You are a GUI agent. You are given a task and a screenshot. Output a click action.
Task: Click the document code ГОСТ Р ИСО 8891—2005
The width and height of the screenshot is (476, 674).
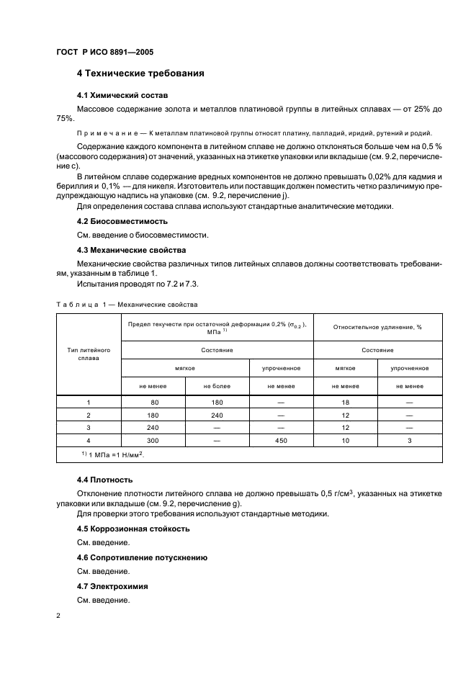pos(104,53)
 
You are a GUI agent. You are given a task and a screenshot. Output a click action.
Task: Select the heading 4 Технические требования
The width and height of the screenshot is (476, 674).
pos(140,73)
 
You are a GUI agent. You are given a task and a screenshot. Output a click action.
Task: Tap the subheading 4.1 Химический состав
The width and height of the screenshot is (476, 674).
pos(122,96)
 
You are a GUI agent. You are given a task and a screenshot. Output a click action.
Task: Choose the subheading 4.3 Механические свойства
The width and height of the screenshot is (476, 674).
pos(131,250)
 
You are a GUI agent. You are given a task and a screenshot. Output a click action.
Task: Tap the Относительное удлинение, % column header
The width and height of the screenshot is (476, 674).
pos(377,327)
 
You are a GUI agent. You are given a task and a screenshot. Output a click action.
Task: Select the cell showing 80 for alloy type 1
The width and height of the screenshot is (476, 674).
pos(153,403)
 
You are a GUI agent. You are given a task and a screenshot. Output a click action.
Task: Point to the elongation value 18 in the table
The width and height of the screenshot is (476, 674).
pos(345,403)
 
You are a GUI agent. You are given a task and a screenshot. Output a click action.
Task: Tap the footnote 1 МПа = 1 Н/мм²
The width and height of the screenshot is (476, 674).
pos(108,456)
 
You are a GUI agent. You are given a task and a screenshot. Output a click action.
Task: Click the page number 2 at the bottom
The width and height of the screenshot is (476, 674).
pos(58,616)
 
